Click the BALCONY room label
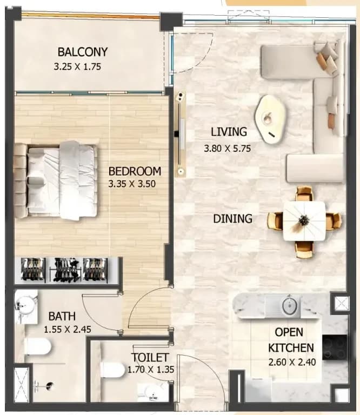click(x=83, y=52)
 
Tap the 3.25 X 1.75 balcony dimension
click(x=77, y=66)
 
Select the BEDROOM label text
click(x=135, y=171)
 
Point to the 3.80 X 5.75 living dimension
click(x=228, y=148)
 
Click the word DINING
click(x=232, y=219)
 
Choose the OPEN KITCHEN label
click(x=291, y=340)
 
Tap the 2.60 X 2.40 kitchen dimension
click(x=292, y=362)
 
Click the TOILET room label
click(x=150, y=358)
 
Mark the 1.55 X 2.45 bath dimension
click(x=67, y=330)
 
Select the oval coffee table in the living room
click(x=270, y=119)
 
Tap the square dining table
click(x=304, y=221)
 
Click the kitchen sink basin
click(x=290, y=306)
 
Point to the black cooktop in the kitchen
click(x=334, y=347)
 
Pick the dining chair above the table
click(x=304, y=194)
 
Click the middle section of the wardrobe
click(x=65, y=270)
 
